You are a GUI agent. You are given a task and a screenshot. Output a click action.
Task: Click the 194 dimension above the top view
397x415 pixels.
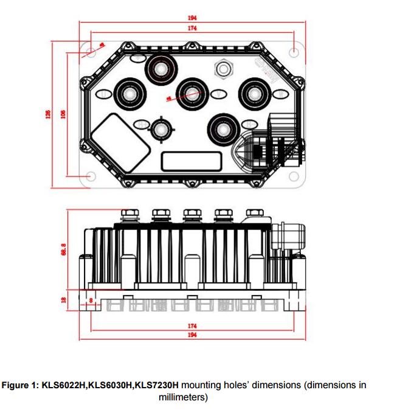(x=193, y=18)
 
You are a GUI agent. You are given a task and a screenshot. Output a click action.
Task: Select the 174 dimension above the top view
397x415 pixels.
(x=193, y=29)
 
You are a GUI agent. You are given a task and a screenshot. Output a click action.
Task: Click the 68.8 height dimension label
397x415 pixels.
(x=63, y=250)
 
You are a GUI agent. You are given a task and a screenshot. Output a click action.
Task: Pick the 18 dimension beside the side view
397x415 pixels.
(x=63, y=300)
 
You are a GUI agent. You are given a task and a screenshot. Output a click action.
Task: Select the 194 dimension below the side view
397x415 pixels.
(x=192, y=335)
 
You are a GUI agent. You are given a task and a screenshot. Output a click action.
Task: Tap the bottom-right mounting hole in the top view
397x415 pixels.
(x=294, y=176)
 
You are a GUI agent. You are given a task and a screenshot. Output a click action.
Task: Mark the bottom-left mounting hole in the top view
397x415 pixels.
(x=91, y=176)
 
